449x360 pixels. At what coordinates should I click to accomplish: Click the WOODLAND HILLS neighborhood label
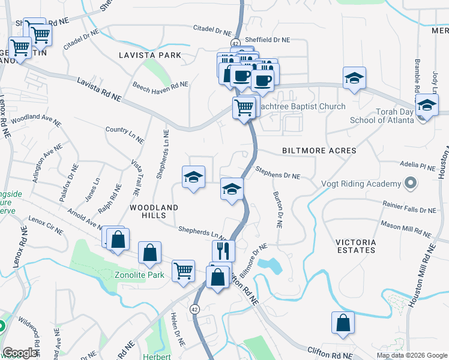pos(154,212)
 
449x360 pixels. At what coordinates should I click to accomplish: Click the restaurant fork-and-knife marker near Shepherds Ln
pos(223,251)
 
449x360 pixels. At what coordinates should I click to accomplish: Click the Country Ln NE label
pos(125,133)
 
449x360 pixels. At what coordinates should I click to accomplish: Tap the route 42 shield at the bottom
pos(194,309)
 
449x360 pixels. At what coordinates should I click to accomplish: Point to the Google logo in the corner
pos(20,353)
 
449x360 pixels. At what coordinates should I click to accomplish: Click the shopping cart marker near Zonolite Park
pos(183,271)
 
